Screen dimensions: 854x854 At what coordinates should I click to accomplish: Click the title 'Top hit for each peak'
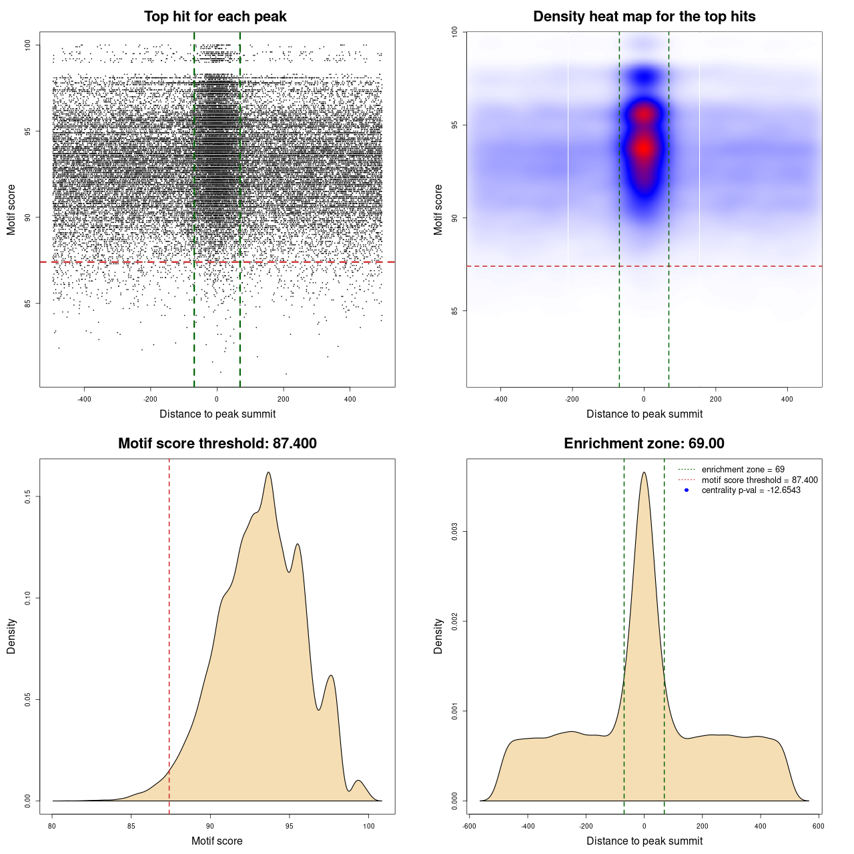coord(215,17)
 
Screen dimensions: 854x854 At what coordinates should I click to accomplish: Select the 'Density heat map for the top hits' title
coord(644,17)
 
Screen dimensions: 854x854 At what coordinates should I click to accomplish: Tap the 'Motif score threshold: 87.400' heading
coord(217,444)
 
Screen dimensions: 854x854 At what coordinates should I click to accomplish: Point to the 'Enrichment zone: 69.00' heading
coord(644,444)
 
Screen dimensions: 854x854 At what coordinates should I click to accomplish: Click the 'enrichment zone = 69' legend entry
coord(743,470)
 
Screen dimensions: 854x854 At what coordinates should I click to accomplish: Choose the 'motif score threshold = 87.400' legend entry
coord(759,480)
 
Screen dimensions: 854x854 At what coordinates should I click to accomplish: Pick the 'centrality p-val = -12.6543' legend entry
coord(751,490)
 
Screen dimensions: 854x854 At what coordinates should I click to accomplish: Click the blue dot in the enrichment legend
coord(687,490)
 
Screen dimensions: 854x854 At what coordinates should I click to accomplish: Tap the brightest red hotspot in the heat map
coord(644,148)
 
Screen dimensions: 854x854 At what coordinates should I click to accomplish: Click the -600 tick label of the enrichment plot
coord(469,826)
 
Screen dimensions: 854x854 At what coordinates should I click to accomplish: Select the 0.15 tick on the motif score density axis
coord(27,497)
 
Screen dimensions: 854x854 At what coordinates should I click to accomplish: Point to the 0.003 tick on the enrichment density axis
coord(454,532)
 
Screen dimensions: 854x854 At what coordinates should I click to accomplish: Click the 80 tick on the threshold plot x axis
coord(53,826)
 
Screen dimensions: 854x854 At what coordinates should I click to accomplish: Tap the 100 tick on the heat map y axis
coord(454,31)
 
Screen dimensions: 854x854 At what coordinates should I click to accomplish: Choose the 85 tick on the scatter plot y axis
coord(27,304)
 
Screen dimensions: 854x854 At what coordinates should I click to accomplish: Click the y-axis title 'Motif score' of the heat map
coord(438,209)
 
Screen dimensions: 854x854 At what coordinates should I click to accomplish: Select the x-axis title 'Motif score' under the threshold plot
coord(217,841)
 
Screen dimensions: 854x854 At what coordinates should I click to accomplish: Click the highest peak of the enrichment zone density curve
coord(644,473)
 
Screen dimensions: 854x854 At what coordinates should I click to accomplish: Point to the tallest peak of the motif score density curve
coord(268,472)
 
